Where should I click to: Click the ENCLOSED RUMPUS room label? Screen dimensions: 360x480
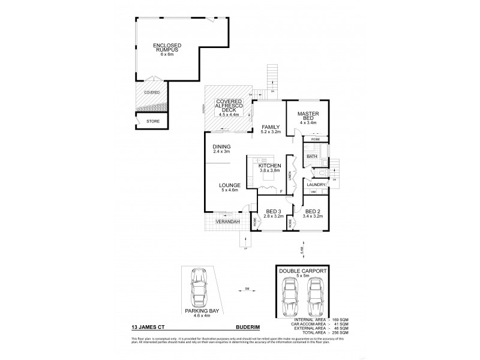click(x=167, y=48)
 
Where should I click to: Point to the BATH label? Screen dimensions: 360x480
click(x=312, y=157)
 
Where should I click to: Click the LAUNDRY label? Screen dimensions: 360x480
click(x=317, y=184)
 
